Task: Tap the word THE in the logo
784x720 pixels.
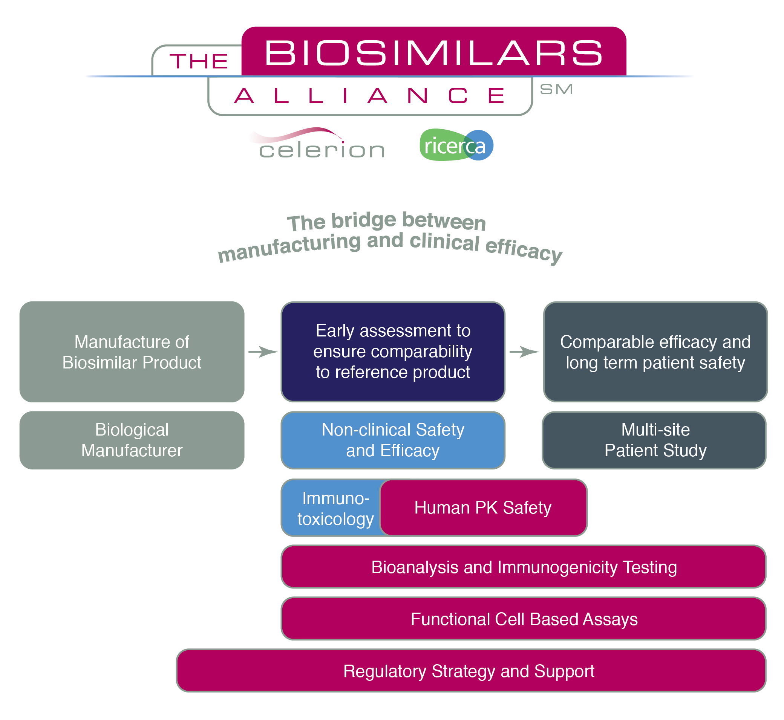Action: click(199, 61)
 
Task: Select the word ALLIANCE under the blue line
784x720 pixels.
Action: click(370, 96)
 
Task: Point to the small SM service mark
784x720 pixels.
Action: click(556, 89)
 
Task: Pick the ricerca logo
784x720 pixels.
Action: click(456, 145)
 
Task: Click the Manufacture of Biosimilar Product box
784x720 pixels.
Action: click(132, 352)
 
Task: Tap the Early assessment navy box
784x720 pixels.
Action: click(393, 352)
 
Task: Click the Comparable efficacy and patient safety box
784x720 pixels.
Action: click(656, 352)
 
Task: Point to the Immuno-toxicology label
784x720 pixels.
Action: click(335, 508)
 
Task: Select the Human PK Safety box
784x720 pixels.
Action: click(484, 508)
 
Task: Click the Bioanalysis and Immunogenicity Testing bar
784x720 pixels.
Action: click(524, 567)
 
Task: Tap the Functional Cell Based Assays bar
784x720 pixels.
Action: click(524, 619)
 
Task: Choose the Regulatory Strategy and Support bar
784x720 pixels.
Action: click(471, 671)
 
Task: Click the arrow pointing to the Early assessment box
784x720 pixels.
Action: click(263, 352)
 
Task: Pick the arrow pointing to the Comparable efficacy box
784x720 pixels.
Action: click(524, 352)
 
